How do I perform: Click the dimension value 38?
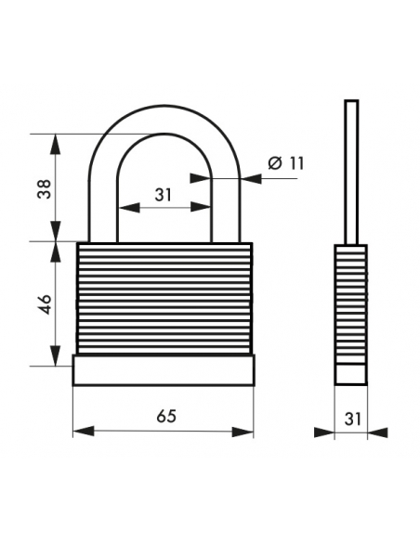(x=45, y=189)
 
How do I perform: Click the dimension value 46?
(x=45, y=304)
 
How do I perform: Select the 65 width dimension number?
(x=166, y=416)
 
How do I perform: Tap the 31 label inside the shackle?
(x=164, y=195)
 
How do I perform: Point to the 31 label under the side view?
(x=352, y=419)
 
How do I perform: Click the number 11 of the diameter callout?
(x=296, y=163)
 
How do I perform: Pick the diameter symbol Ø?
(x=276, y=163)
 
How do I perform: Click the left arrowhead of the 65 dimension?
(x=84, y=432)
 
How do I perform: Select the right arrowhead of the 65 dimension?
(x=243, y=432)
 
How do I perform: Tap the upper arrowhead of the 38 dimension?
(x=56, y=144)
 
